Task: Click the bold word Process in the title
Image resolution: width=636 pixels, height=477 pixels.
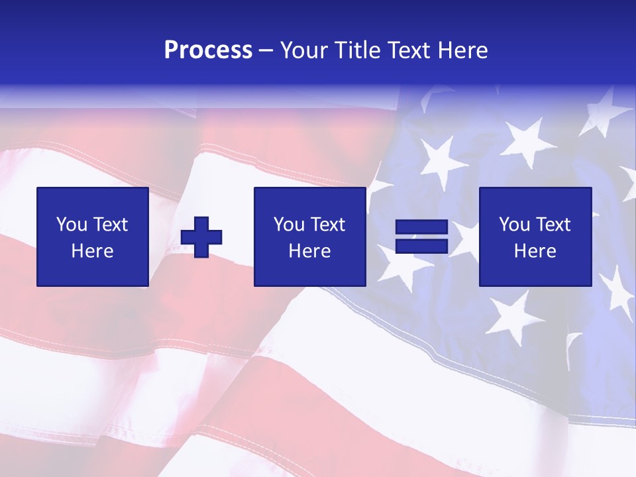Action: [208, 50]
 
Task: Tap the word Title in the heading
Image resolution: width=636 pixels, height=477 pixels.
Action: [355, 50]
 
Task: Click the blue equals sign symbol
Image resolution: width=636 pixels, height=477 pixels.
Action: [421, 237]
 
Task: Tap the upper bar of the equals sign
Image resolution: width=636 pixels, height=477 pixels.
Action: [421, 228]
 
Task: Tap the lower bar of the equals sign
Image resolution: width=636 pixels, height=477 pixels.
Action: [421, 246]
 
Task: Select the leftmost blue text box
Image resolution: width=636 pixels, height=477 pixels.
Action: [93, 237]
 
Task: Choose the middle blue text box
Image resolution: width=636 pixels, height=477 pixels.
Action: [310, 237]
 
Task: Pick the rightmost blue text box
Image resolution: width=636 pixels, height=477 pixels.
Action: [535, 237]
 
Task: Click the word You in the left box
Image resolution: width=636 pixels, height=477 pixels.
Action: [72, 225]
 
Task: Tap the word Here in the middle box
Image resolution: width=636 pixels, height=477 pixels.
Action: [310, 251]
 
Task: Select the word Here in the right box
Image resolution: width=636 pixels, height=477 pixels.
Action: [535, 251]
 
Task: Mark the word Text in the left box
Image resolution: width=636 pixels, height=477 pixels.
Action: [111, 225]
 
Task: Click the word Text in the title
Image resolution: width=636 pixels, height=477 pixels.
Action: [406, 50]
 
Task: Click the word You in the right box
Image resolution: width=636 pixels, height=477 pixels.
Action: [514, 225]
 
